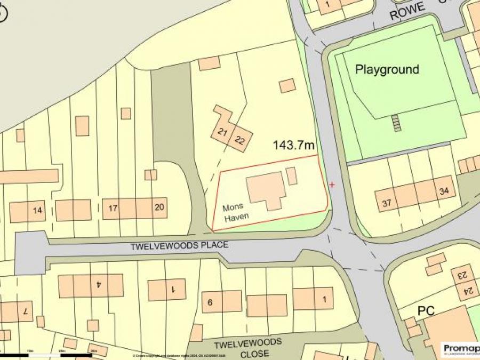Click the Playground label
click(387, 69)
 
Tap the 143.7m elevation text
click(294, 145)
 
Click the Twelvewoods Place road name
click(180, 246)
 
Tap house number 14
click(37, 210)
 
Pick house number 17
click(113, 208)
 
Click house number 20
click(159, 207)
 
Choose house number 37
click(387, 203)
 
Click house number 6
click(210, 302)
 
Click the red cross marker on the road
click(332, 185)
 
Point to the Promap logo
click(460, 349)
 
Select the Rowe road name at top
click(408, 11)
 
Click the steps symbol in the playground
click(395, 123)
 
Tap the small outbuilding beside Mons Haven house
click(292, 176)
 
